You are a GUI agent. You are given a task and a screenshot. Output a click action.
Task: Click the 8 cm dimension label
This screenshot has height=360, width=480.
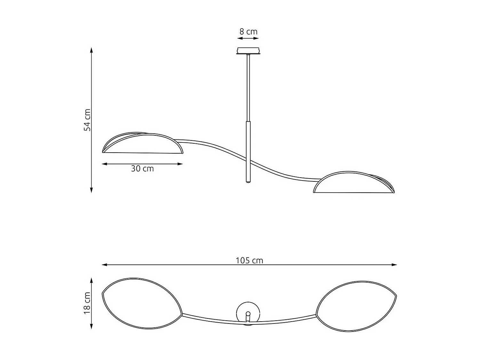point(248,32)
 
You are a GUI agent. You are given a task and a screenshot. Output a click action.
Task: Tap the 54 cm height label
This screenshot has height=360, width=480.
point(87,120)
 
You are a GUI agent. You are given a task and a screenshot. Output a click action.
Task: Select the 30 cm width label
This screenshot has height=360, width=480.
point(142,169)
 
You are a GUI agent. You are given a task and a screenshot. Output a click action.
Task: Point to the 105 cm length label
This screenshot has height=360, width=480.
point(249,260)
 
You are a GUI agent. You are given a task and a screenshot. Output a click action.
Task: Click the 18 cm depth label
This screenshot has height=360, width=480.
point(87,303)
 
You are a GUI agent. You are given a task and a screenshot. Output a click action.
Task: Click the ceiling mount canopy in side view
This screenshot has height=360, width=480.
point(248,51)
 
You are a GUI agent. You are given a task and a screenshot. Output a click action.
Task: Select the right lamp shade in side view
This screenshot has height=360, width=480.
point(354,183)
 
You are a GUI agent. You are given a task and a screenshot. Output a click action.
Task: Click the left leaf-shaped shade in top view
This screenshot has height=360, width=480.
point(142,303)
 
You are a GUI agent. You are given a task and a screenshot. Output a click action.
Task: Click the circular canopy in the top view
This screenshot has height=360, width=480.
point(248,312)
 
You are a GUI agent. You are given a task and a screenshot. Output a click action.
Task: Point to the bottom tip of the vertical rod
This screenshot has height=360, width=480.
point(248,181)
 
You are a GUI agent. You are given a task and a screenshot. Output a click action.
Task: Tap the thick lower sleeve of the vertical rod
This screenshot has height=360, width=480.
point(248,150)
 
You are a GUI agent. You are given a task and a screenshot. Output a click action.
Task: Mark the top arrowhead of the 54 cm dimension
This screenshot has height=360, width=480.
point(92,50)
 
